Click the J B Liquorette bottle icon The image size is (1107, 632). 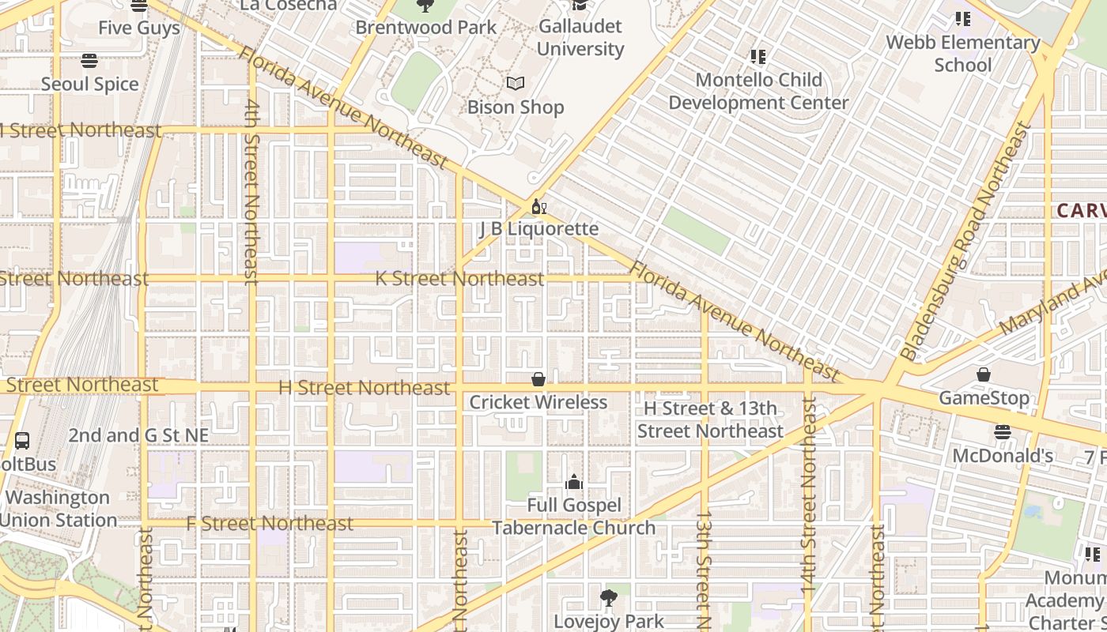(x=538, y=207)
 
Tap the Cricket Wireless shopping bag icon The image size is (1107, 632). (x=538, y=380)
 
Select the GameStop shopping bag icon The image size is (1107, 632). (x=984, y=374)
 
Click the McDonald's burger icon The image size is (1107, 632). (x=1003, y=432)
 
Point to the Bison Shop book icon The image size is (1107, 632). (x=516, y=83)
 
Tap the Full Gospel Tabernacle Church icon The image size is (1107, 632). (x=573, y=482)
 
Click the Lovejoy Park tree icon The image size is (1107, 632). (x=608, y=598)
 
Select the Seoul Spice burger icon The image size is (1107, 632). (x=89, y=61)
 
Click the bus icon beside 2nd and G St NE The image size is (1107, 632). (x=22, y=441)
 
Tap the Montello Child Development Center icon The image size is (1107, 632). (x=758, y=57)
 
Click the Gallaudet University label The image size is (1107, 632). (x=580, y=37)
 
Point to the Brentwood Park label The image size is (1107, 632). (x=426, y=27)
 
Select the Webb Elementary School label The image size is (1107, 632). (x=962, y=53)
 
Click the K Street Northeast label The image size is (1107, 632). (x=459, y=278)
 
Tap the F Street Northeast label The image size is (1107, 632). (x=270, y=523)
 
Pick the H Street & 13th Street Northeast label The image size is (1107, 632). (x=710, y=419)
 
